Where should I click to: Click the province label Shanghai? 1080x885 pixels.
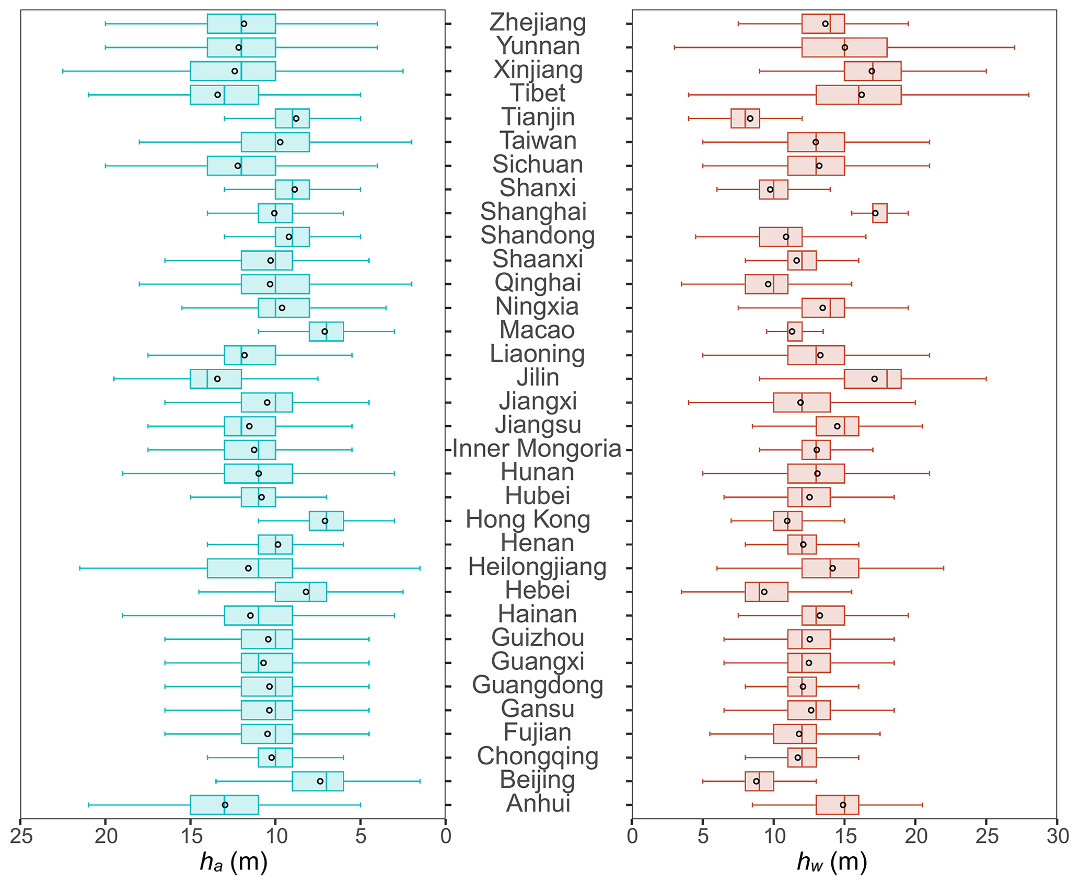pos(533,212)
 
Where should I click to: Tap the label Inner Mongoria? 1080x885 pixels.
pos(537,449)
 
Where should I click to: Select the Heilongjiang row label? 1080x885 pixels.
pos(537,567)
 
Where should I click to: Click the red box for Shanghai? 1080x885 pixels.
pos(880,213)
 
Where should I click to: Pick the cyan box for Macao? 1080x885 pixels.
pos(327,332)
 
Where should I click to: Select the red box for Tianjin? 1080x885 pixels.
pos(745,119)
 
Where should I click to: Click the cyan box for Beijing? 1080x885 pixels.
pos(318,781)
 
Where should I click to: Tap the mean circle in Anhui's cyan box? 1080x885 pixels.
pos(225,805)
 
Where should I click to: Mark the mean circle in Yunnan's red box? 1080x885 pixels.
pos(845,48)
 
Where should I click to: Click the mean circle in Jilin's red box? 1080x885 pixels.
pos(875,379)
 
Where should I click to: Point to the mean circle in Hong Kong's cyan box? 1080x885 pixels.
pos(325,521)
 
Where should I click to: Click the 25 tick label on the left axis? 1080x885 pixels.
pos(21,836)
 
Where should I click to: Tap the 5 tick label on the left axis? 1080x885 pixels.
pos(361,836)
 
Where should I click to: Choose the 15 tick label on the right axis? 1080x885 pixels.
pos(844,836)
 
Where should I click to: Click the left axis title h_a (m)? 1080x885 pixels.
pos(234,863)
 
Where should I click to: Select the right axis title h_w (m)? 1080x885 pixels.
pos(832,863)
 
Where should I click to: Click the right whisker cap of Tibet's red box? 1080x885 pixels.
pos(1029,95)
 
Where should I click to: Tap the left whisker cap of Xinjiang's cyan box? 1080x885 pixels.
pos(63,71)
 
